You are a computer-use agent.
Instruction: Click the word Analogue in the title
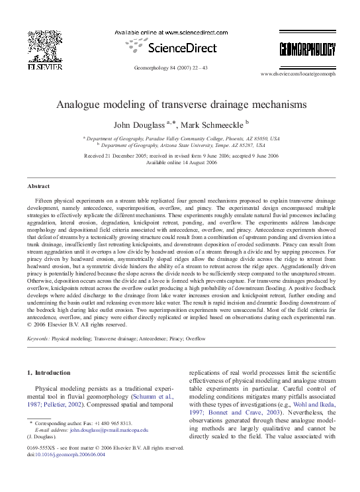coord(81,105)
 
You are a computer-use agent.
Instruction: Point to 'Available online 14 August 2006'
coord(180,162)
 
